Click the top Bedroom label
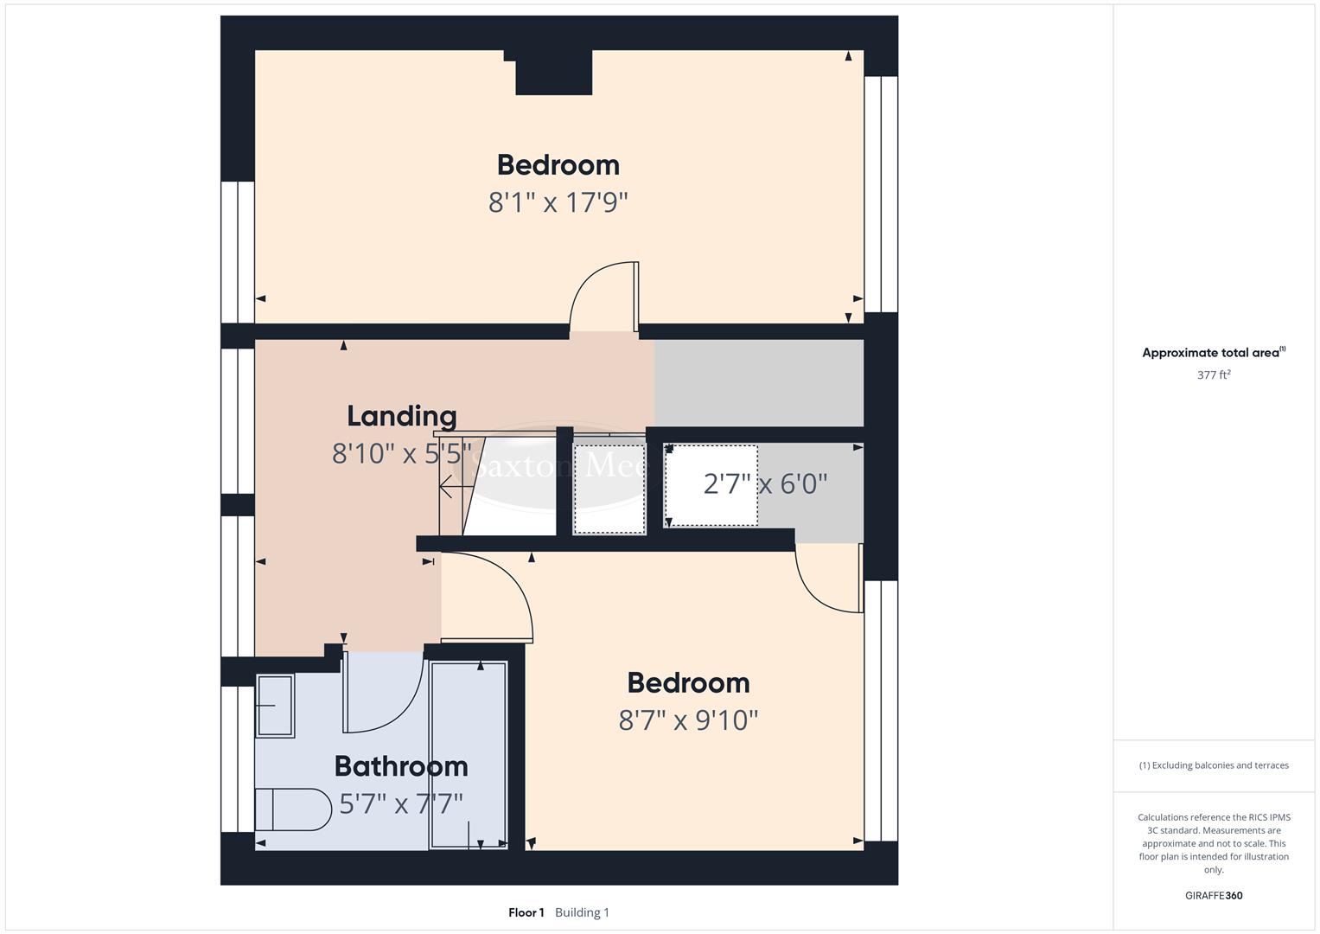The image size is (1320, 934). click(x=558, y=164)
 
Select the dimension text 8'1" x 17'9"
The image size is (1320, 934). click(x=558, y=202)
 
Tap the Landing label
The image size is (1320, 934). click(x=401, y=416)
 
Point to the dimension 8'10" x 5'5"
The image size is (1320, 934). click(x=401, y=452)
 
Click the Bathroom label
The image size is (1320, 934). click(x=401, y=766)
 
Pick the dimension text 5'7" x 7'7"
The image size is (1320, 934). click(x=401, y=804)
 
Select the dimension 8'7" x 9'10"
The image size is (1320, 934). click(x=688, y=720)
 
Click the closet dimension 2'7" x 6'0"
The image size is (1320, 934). click(x=765, y=483)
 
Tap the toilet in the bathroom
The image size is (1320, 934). click(x=293, y=810)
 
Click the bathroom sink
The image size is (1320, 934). click(x=275, y=706)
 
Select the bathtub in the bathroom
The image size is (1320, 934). click(x=469, y=755)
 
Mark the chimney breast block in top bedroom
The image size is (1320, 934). click(x=553, y=73)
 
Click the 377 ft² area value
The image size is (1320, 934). click(x=1214, y=375)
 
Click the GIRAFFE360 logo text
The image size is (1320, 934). click(x=1213, y=895)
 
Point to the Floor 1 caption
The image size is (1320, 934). click(x=526, y=912)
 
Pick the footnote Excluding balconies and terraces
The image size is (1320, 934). click(x=1214, y=765)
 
